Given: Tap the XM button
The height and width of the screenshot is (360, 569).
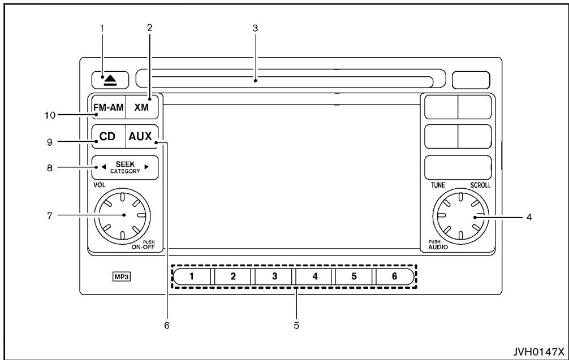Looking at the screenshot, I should coord(141,106).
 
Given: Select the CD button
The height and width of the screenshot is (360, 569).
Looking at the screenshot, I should coord(107,136).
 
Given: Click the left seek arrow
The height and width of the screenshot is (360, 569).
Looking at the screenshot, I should coord(103,167).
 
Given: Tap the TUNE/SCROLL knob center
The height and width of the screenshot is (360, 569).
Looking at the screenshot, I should coord(460,215).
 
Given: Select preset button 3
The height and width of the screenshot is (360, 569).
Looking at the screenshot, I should coord(274,276).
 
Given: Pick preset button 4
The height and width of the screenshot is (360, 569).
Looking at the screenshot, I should coord(314,276).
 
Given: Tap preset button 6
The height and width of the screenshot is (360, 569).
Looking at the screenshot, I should coord(394,276).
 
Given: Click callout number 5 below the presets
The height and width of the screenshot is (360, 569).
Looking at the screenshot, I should coord(296,326).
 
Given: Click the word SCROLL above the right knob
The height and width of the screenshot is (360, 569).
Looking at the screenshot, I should coord(480,185).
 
